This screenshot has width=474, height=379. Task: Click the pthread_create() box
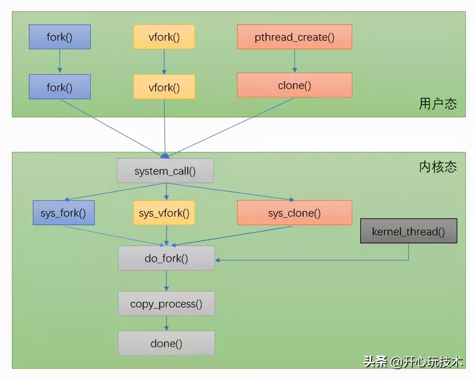(x=294, y=37)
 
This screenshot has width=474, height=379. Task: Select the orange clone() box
(x=294, y=85)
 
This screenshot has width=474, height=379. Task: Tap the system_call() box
(x=165, y=171)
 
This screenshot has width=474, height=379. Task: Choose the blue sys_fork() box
(x=64, y=213)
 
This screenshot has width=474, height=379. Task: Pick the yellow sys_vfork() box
(x=164, y=213)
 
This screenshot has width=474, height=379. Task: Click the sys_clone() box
(x=294, y=213)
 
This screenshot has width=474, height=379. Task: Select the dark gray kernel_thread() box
(x=408, y=231)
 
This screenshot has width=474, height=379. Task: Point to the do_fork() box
(x=166, y=258)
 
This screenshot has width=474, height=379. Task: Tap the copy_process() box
(x=166, y=303)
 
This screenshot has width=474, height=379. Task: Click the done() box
(x=166, y=343)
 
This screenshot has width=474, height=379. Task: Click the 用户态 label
(x=438, y=104)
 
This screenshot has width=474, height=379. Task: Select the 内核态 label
(x=438, y=167)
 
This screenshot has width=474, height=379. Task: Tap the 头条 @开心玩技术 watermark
(x=413, y=362)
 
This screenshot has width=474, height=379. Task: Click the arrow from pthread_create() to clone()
(x=294, y=61)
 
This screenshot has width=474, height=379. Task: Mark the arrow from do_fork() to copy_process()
(x=166, y=280)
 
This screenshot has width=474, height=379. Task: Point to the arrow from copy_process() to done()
(x=166, y=323)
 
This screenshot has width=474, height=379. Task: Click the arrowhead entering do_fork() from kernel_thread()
(x=217, y=260)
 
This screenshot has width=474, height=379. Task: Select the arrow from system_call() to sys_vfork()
(x=166, y=192)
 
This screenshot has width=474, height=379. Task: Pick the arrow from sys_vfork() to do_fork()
(x=166, y=235)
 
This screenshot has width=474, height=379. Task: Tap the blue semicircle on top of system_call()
(x=165, y=156)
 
